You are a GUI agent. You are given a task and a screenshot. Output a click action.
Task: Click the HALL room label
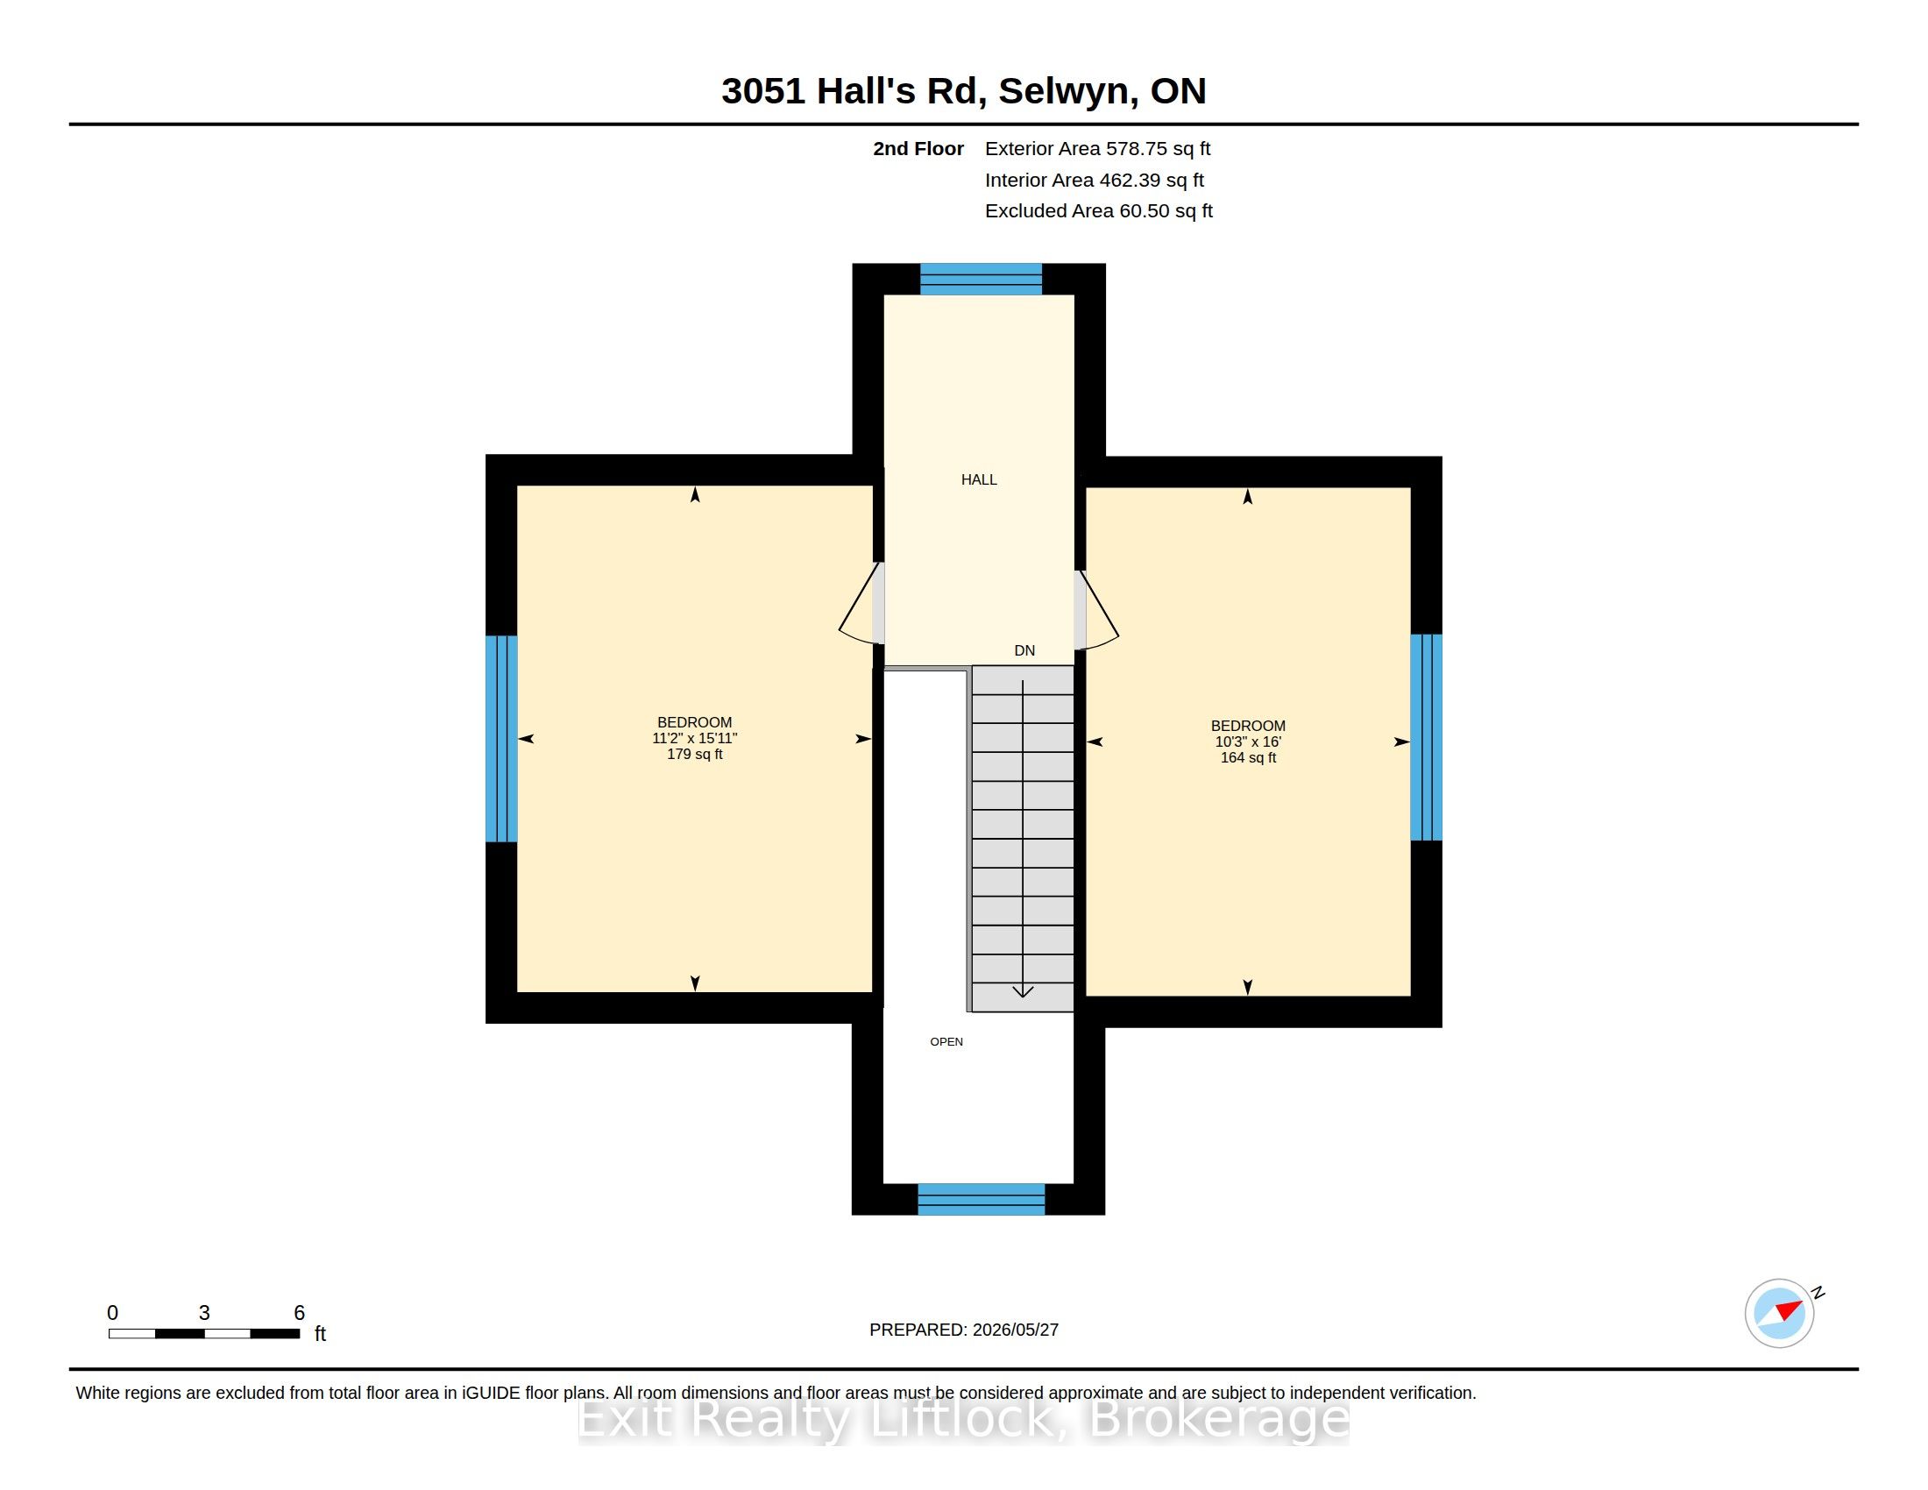point(979,479)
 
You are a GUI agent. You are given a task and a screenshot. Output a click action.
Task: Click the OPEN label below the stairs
point(946,1041)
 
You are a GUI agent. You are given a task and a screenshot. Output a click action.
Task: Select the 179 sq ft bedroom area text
point(695,754)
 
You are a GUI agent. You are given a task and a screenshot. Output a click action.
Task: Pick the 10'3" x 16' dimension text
point(1248,741)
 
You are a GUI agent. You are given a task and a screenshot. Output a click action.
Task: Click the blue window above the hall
point(981,279)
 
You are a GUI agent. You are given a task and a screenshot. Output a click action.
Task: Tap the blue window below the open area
point(981,1200)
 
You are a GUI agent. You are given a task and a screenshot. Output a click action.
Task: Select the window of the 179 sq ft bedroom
point(501,739)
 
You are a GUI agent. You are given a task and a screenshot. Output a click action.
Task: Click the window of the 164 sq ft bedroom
point(1427,737)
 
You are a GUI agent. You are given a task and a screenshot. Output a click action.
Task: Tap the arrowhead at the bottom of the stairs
point(1022,991)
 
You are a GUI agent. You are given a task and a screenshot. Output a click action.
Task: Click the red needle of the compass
point(1789,1310)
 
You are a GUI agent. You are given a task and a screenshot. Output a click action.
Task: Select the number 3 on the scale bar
point(204,1313)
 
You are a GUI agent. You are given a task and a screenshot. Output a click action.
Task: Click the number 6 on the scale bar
point(299,1313)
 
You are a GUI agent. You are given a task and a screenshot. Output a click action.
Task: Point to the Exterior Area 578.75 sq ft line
point(1097,148)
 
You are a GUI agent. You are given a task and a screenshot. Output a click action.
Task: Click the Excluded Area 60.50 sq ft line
point(1098,211)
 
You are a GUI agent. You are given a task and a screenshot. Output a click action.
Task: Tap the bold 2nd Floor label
point(918,148)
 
